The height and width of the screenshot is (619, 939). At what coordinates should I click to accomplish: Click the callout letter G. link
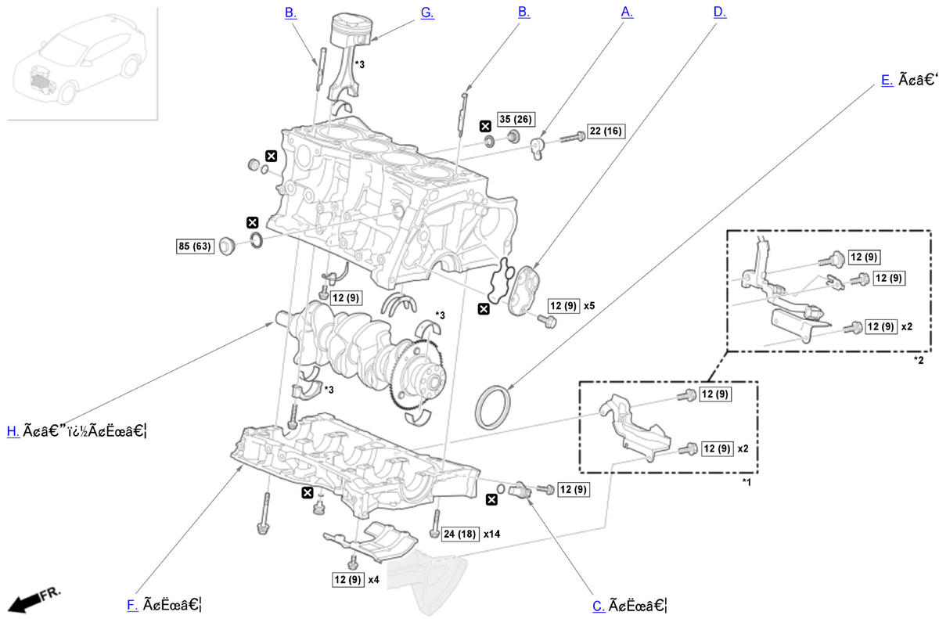(427, 13)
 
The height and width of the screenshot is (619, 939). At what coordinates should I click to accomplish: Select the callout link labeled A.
(626, 13)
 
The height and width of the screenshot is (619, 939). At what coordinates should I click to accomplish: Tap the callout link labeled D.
(720, 13)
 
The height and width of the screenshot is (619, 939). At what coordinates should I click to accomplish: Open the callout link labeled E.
(886, 80)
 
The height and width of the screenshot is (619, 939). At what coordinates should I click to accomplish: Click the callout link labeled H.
(13, 430)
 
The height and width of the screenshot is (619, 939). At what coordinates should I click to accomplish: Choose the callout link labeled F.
(132, 604)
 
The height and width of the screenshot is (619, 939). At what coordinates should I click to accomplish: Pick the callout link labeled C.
(599, 605)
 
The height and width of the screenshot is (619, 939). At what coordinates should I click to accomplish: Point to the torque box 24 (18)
(459, 533)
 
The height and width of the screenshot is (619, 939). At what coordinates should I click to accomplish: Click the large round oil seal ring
(493, 405)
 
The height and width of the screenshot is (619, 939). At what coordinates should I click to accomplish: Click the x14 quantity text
(492, 533)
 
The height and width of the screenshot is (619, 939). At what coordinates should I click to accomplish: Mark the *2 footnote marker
(919, 360)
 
